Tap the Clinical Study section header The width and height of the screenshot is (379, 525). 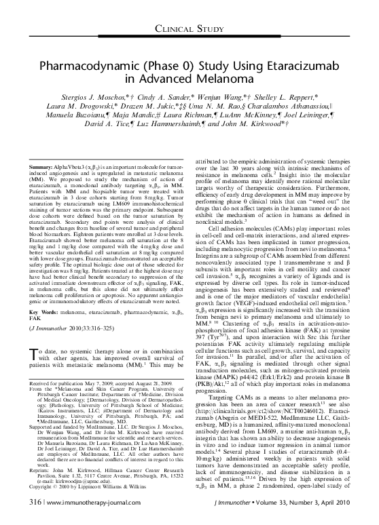(x=189, y=28)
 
